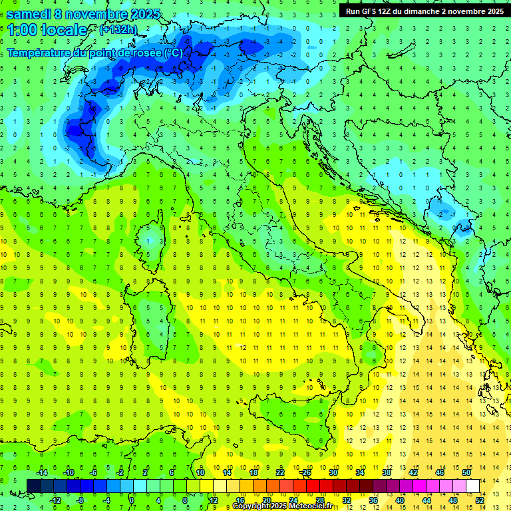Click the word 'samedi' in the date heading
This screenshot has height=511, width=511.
click(x=28, y=13)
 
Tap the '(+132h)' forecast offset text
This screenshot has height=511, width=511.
click(x=119, y=29)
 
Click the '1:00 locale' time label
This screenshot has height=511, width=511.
click(x=47, y=30)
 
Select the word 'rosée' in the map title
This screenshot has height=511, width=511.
click(x=144, y=53)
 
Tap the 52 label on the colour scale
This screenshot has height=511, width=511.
click(x=479, y=500)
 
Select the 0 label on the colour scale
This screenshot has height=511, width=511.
click(x=132, y=500)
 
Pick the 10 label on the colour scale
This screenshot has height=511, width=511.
click(x=200, y=472)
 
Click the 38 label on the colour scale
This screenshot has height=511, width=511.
click(x=387, y=472)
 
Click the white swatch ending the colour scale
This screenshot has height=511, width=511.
click(x=472, y=486)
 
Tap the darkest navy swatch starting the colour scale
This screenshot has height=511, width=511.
click(x=34, y=486)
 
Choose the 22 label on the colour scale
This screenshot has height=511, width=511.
click(x=280, y=472)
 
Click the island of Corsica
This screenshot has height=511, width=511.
click(x=155, y=236)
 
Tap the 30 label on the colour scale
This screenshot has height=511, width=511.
click(x=333, y=472)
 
